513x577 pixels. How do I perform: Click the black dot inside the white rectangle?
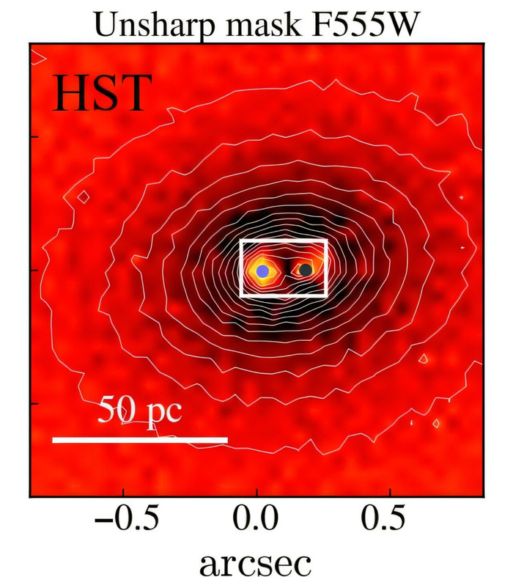coord(306,270)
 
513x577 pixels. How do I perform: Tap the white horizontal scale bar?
coord(140,440)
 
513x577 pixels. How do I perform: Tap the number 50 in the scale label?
coord(117,408)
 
